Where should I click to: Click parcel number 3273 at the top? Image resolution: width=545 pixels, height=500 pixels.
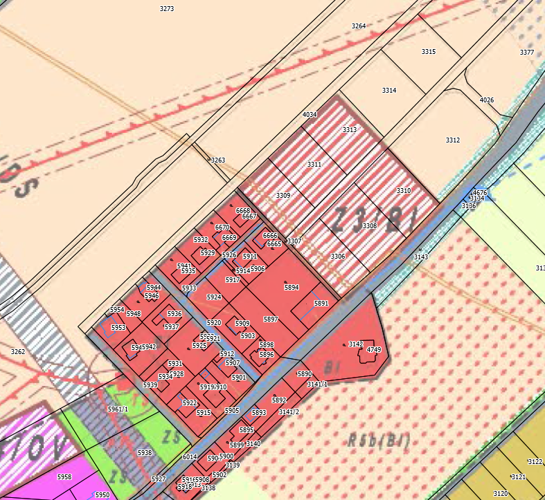166,9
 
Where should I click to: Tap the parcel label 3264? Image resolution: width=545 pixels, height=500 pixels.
358,26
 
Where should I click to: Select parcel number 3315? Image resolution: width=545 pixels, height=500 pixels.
428,52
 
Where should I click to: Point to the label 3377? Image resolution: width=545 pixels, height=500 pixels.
527,53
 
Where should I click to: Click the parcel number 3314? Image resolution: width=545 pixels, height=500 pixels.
389,91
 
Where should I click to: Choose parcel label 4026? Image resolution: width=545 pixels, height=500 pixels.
487,100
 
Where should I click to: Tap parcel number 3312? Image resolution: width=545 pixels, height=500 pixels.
452,140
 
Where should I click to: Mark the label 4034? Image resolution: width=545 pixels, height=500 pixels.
310,115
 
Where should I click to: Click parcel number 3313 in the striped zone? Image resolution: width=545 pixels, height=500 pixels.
350,130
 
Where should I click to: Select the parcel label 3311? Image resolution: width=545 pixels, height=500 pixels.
314,165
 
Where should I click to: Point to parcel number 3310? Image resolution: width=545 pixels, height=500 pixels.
404,190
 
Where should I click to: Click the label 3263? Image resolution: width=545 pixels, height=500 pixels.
218,160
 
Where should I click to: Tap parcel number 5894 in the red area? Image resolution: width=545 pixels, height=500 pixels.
292,287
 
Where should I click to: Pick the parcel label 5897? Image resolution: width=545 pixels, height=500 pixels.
271,319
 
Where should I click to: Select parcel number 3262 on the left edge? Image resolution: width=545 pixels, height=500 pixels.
18,352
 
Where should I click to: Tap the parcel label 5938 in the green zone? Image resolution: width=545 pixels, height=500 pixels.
145,452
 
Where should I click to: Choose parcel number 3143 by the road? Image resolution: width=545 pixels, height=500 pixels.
421,257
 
